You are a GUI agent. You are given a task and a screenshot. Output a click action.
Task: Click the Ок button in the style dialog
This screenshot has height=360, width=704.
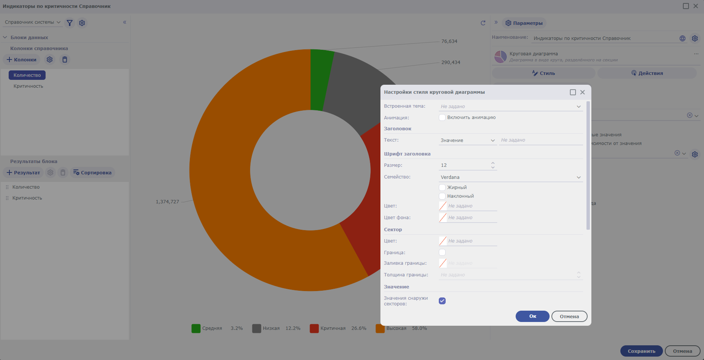click(x=532, y=316)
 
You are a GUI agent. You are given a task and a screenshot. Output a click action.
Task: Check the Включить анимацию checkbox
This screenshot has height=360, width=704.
click(x=442, y=117)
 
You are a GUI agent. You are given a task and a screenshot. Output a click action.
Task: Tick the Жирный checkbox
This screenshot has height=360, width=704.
click(x=442, y=187)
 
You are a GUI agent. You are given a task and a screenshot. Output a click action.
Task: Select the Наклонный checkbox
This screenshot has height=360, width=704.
click(x=442, y=196)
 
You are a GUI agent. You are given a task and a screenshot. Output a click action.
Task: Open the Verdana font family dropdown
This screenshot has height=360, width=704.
click(x=510, y=177)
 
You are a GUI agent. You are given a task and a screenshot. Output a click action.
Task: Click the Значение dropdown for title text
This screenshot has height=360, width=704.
click(x=467, y=140)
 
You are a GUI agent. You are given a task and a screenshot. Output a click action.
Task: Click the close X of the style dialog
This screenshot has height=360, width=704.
click(x=582, y=92)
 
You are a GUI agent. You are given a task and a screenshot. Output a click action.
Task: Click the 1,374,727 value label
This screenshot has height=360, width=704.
click(x=167, y=202)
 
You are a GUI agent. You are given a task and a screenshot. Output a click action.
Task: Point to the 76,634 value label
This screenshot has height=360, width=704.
click(x=449, y=41)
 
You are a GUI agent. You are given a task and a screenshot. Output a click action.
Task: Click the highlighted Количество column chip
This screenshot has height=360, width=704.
click(x=27, y=75)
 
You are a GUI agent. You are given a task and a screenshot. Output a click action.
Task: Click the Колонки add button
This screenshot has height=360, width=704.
click(x=21, y=59)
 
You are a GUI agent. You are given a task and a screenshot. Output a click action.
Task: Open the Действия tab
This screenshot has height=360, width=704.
click(x=647, y=73)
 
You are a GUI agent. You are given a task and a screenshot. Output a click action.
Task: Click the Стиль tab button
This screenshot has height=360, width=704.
click(x=543, y=73)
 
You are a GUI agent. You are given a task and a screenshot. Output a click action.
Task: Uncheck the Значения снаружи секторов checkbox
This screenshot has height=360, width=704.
click(x=442, y=301)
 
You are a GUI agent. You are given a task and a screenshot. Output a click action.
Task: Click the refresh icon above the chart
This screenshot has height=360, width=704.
click(x=483, y=23)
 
